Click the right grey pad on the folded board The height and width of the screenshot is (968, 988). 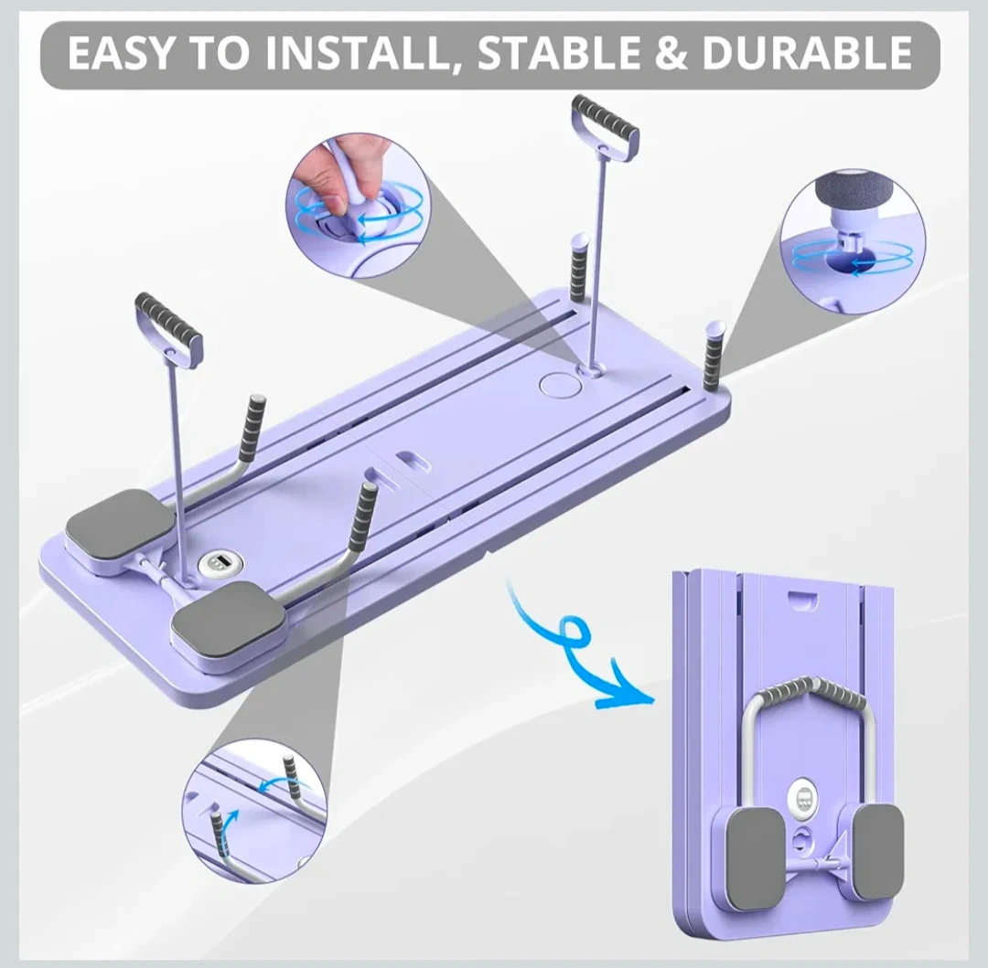(877, 851)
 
